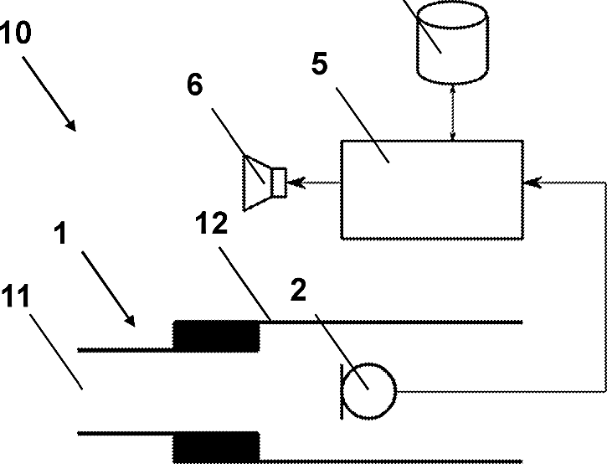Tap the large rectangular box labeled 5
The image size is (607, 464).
pyautogui.click(x=432, y=189)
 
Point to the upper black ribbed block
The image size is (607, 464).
pyautogui.click(x=216, y=336)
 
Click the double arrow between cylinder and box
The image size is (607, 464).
pyautogui.click(x=453, y=111)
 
